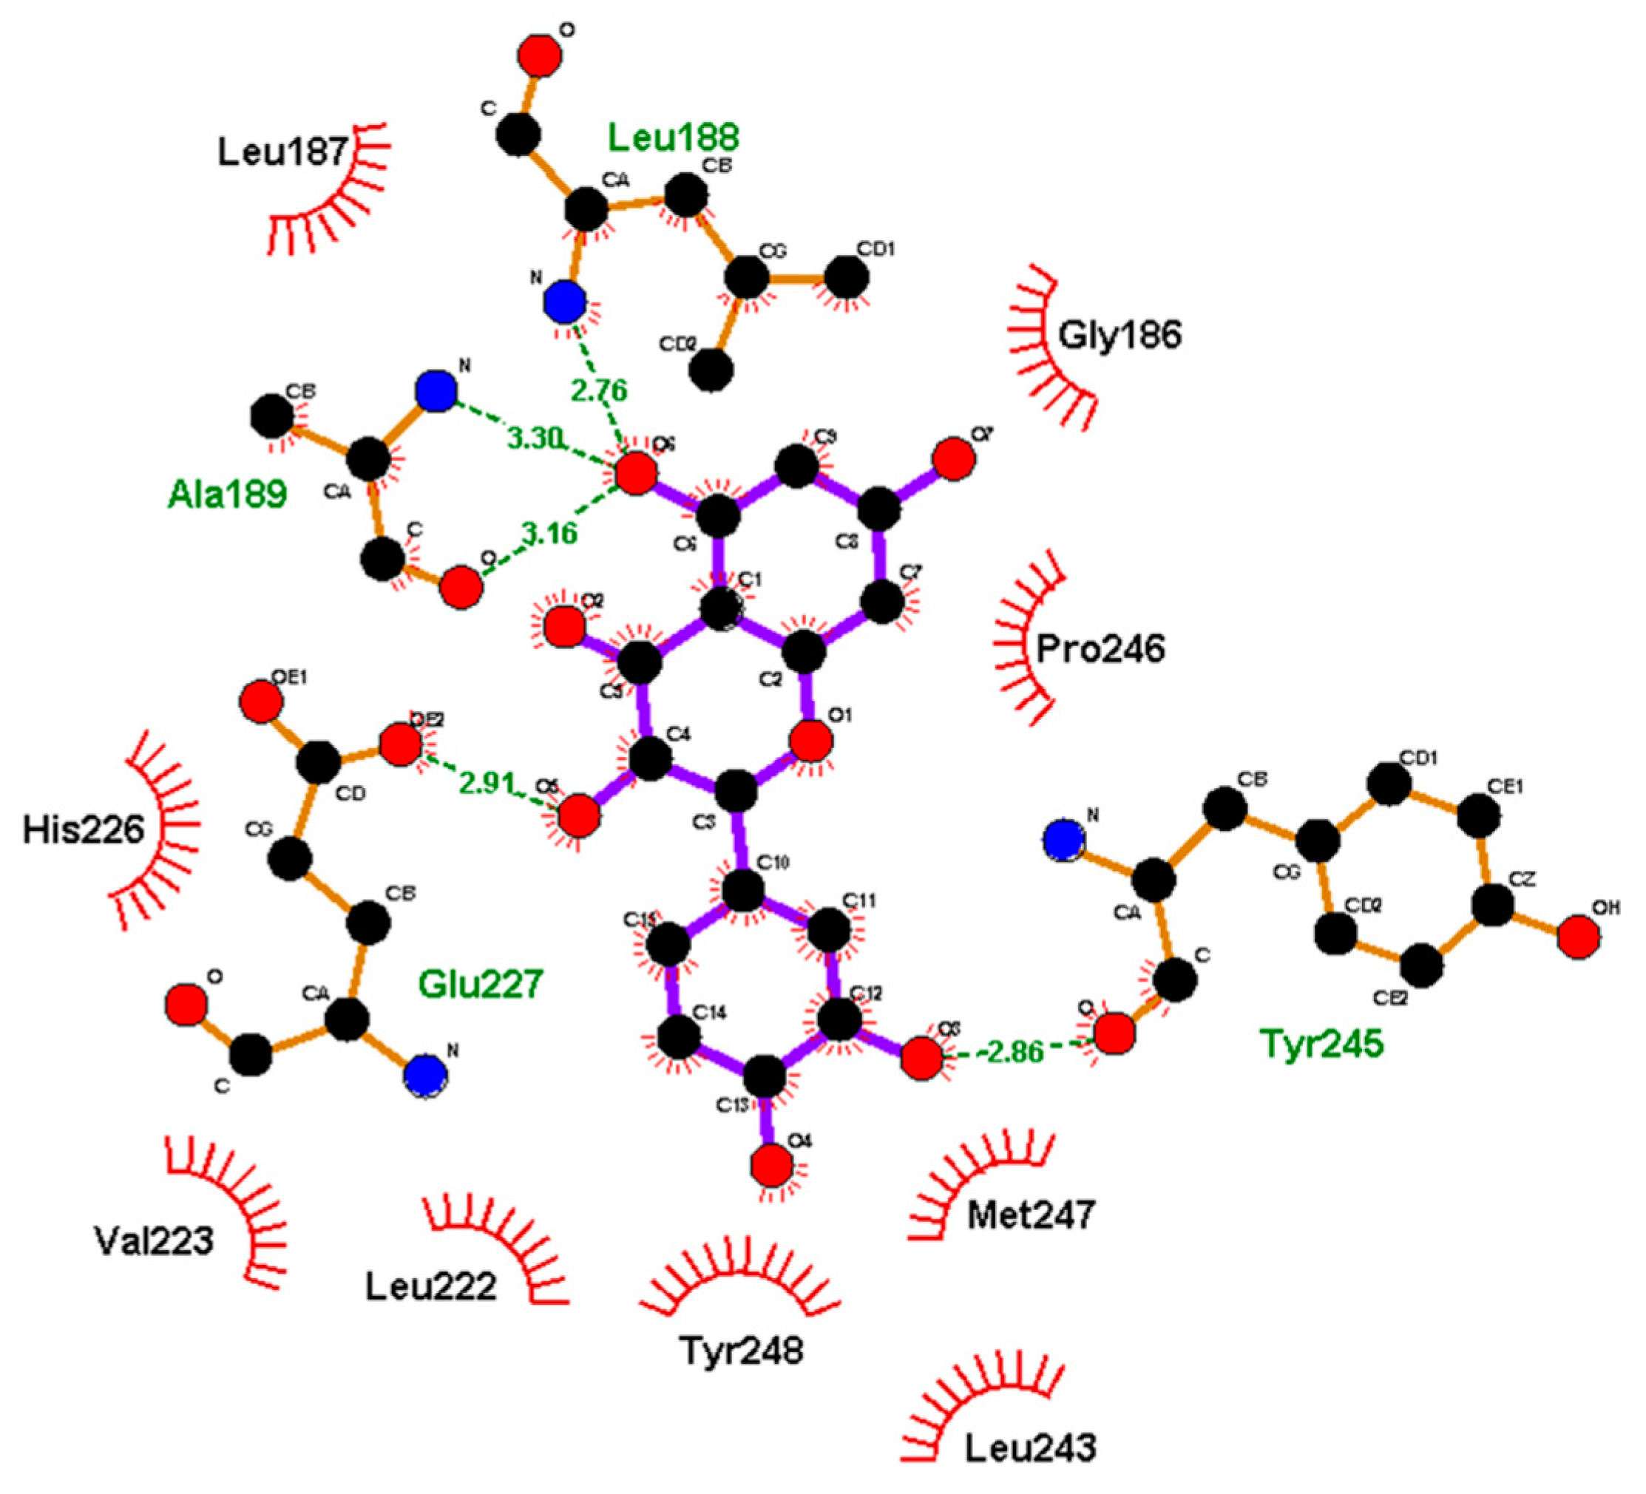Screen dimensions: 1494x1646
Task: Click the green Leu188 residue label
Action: [674, 137]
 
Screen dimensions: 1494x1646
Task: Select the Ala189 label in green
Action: [227, 494]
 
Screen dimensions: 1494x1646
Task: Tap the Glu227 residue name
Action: [481, 984]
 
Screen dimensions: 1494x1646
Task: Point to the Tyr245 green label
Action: [1322, 1042]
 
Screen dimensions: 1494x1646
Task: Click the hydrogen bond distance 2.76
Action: [599, 390]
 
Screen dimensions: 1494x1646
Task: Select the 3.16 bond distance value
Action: [549, 534]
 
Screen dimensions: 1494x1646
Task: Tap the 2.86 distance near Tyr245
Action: [1015, 1051]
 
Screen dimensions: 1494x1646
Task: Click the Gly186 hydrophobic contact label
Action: [1120, 335]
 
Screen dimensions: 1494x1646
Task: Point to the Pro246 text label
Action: [1100, 649]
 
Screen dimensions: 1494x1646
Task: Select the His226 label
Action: [84, 829]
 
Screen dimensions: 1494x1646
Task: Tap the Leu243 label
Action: [1030, 1448]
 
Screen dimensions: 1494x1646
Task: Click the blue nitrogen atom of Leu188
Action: [565, 303]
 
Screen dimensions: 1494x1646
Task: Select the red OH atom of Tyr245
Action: [1578, 937]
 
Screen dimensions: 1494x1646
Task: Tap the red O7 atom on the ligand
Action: [954, 459]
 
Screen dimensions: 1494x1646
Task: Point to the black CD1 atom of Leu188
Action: [847, 277]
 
